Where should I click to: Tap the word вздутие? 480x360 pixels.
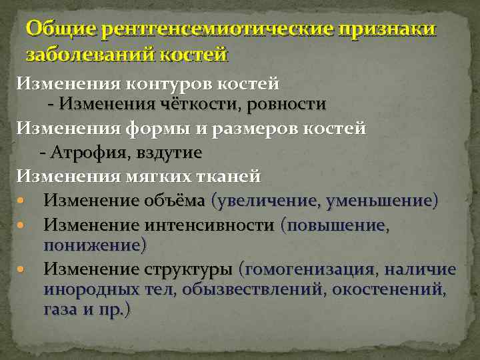pyautogui.click(x=170, y=152)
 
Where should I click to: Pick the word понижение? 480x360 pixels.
pyautogui.click(x=93, y=245)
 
